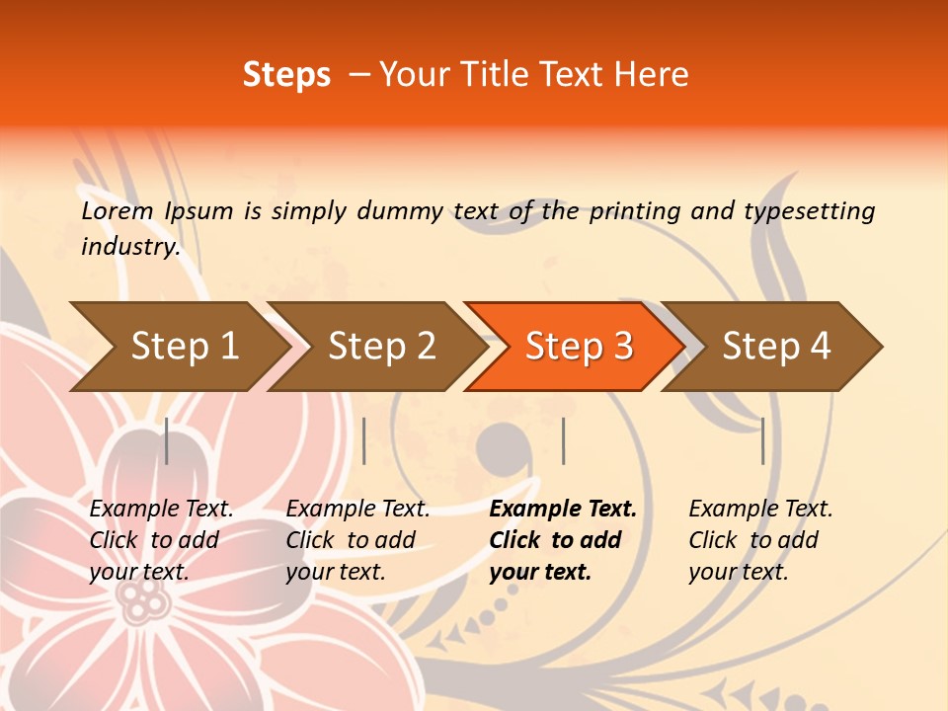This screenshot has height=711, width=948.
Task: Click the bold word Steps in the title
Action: coord(286,75)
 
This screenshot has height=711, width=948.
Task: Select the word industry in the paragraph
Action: coord(130,247)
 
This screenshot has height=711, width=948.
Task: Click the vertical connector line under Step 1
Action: coord(167,440)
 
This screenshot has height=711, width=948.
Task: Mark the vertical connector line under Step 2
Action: coord(364,440)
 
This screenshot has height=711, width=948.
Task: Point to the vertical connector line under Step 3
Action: coord(563,440)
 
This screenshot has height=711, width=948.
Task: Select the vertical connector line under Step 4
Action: coord(762,440)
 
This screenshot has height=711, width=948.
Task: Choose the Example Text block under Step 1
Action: coord(161,540)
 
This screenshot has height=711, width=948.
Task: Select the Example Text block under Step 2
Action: coord(357,540)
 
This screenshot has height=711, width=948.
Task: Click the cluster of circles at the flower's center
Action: coord(145,598)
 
